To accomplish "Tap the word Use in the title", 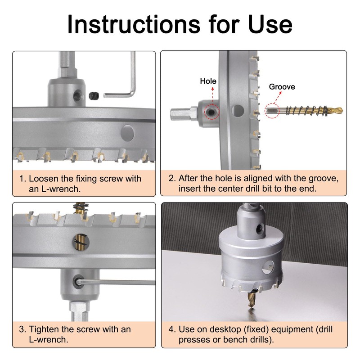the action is pyautogui.click(x=270, y=24).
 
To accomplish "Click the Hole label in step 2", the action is pyautogui.click(x=208, y=81).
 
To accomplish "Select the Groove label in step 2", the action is pyautogui.click(x=282, y=87).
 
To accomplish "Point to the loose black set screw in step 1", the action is pyautogui.click(x=94, y=95).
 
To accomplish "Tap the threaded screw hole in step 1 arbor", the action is pyautogui.click(x=78, y=96).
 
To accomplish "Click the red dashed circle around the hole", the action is pyautogui.click(x=211, y=112).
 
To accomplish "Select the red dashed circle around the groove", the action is pyautogui.click(x=272, y=110).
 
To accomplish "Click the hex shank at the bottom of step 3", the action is pyautogui.click(x=79, y=311).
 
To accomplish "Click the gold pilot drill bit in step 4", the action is pyautogui.click(x=252, y=299).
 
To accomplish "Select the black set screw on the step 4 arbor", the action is pyautogui.click(x=260, y=229).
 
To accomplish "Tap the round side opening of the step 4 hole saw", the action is pyautogui.click(x=268, y=267).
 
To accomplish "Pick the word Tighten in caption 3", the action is pyautogui.click(x=43, y=329).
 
